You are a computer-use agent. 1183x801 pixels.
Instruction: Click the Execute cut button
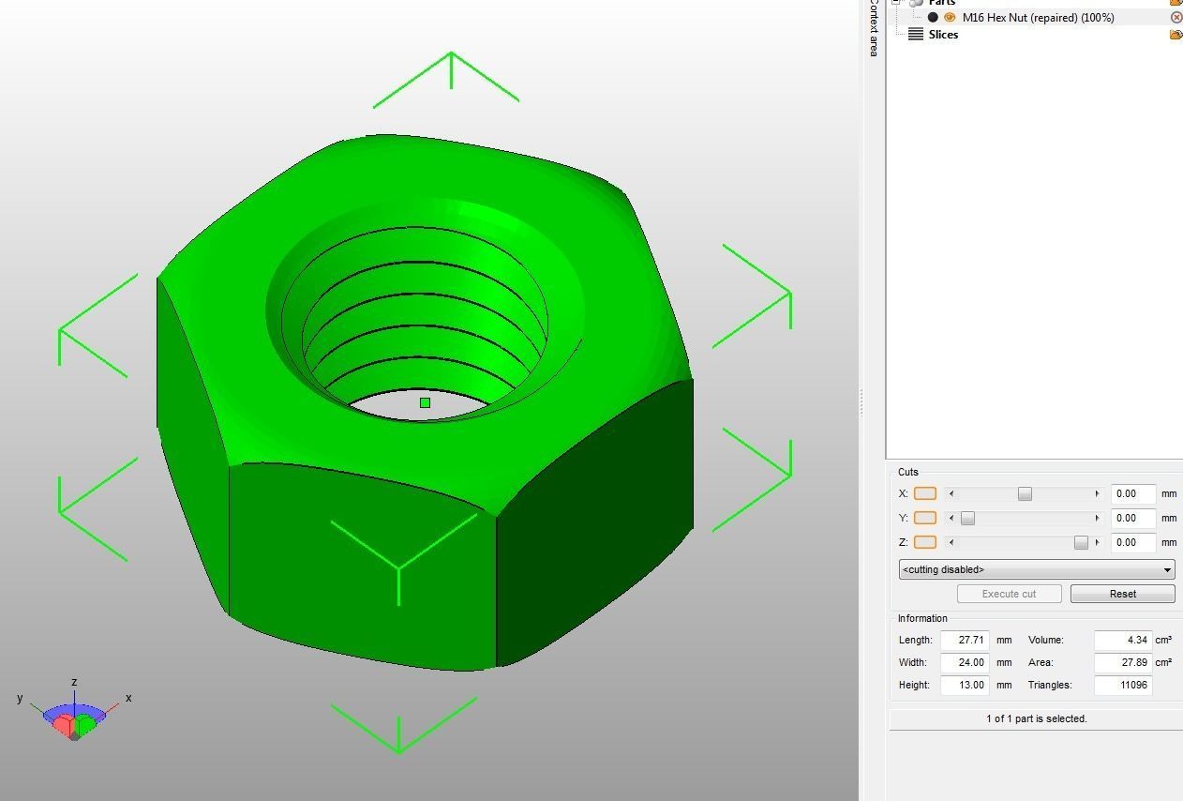(1009, 594)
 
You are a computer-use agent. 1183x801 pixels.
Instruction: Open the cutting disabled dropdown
(1036, 569)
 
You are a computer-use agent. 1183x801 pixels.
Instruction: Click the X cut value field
(1132, 493)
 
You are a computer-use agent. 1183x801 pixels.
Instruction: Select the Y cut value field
(1132, 518)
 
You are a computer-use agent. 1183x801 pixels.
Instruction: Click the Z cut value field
(1132, 542)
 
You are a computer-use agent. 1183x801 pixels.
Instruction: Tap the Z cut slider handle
(1081, 542)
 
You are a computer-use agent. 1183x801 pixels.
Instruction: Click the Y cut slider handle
(967, 518)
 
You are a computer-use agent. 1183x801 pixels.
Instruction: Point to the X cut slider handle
(1025, 493)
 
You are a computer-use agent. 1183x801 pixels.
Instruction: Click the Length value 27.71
(965, 640)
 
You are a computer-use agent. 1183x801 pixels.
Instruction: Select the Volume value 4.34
(1122, 640)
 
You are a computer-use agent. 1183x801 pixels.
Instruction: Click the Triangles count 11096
(1122, 685)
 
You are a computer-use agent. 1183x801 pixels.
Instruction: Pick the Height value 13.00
(965, 685)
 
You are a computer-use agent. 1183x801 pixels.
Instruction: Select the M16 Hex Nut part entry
(1038, 17)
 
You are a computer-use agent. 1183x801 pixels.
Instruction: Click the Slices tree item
(943, 35)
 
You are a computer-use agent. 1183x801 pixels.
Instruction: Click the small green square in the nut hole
(425, 402)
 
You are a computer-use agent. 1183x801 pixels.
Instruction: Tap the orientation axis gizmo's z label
(74, 682)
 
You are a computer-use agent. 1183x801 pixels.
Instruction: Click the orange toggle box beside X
(924, 493)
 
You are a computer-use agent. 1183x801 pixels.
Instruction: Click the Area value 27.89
(1122, 662)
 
